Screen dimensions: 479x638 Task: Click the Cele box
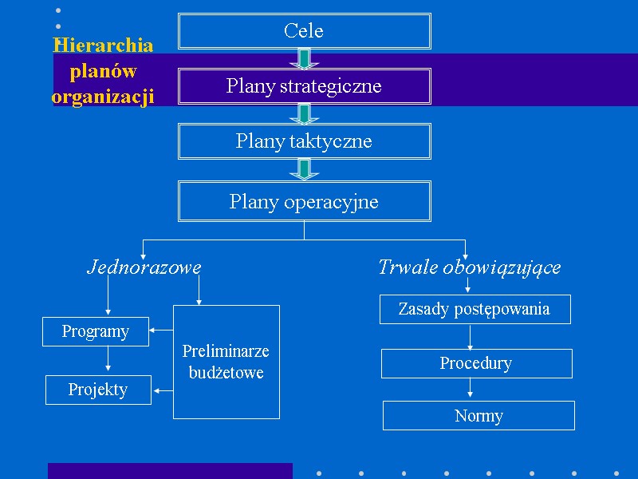click(x=304, y=31)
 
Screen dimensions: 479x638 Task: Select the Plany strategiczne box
click(x=304, y=86)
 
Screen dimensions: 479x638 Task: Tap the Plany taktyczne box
click(x=304, y=141)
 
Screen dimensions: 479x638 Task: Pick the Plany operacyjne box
click(x=304, y=201)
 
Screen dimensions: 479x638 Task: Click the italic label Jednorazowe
click(x=144, y=267)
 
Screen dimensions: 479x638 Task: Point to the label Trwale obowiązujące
click(x=469, y=267)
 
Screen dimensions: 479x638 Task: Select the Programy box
click(x=96, y=331)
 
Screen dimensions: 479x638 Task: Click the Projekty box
click(x=98, y=390)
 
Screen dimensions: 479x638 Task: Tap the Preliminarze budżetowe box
click(x=226, y=362)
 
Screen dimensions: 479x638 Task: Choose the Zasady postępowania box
click(x=475, y=309)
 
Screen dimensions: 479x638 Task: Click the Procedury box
click(x=476, y=363)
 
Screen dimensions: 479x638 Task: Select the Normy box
click(x=478, y=415)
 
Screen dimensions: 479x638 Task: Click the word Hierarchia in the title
click(x=103, y=45)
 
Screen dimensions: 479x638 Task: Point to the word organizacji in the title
click(x=103, y=97)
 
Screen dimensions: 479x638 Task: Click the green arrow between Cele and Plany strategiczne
click(x=304, y=58)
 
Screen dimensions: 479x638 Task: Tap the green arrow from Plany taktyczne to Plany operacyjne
click(x=304, y=169)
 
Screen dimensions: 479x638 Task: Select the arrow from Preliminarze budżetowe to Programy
click(x=161, y=329)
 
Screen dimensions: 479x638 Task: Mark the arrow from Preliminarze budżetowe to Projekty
click(x=163, y=390)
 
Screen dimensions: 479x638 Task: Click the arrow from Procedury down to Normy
click(x=471, y=389)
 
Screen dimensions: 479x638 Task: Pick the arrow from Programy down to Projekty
click(x=108, y=360)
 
